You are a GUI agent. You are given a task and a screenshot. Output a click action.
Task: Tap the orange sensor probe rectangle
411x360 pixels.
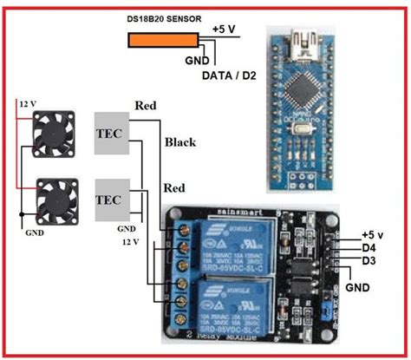pos(163,40)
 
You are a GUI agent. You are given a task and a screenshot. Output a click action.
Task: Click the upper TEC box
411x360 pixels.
pos(114,133)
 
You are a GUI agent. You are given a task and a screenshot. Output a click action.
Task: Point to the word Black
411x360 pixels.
pos(179,143)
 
